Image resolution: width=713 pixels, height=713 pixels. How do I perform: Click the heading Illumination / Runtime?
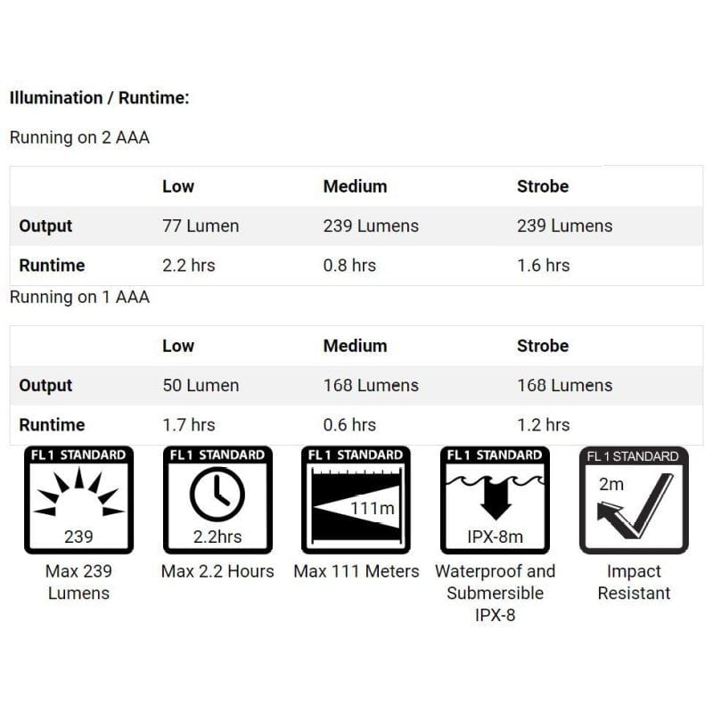tap(99, 98)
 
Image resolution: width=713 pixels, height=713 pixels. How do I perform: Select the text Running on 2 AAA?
tap(78, 138)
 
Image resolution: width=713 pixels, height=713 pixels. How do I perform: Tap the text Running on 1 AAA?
tap(79, 297)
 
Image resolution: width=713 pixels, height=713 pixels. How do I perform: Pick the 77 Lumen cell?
tap(201, 226)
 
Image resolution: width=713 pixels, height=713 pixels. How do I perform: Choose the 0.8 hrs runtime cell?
tap(349, 266)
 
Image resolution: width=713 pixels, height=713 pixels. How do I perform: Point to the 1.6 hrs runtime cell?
tap(543, 266)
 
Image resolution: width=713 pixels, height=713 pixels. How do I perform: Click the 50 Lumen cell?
tap(201, 386)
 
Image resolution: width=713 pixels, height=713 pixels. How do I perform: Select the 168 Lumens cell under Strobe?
tap(564, 386)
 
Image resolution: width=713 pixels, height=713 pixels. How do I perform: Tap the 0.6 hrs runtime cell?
tap(349, 425)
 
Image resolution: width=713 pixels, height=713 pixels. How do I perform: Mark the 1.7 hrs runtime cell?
tap(188, 425)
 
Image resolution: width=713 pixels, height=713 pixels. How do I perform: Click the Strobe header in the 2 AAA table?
tap(542, 186)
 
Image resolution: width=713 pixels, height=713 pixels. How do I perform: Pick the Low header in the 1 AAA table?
tap(178, 346)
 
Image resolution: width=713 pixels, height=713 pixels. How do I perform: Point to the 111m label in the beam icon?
tap(373, 507)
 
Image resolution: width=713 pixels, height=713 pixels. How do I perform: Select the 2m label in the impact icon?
tap(611, 485)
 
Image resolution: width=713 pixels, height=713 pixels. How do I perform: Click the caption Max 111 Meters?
tap(356, 571)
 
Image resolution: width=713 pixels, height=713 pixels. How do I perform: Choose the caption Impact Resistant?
tap(634, 582)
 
